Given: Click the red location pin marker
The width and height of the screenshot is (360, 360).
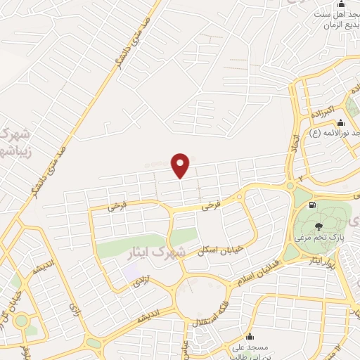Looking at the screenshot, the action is tap(181, 165).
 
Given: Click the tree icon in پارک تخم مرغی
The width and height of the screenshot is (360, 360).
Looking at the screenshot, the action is tap(320, 226).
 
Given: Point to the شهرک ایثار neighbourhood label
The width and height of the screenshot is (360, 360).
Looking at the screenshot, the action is tap(154, 251).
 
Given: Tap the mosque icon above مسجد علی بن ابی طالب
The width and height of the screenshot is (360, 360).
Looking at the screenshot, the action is tap(249, 336).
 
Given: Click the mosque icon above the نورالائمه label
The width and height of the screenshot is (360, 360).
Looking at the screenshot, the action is tap(341, 122).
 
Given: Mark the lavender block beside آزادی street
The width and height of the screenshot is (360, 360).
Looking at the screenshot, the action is tap(131, 272).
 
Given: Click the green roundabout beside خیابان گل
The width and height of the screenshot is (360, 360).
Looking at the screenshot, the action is tap(21, 321).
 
